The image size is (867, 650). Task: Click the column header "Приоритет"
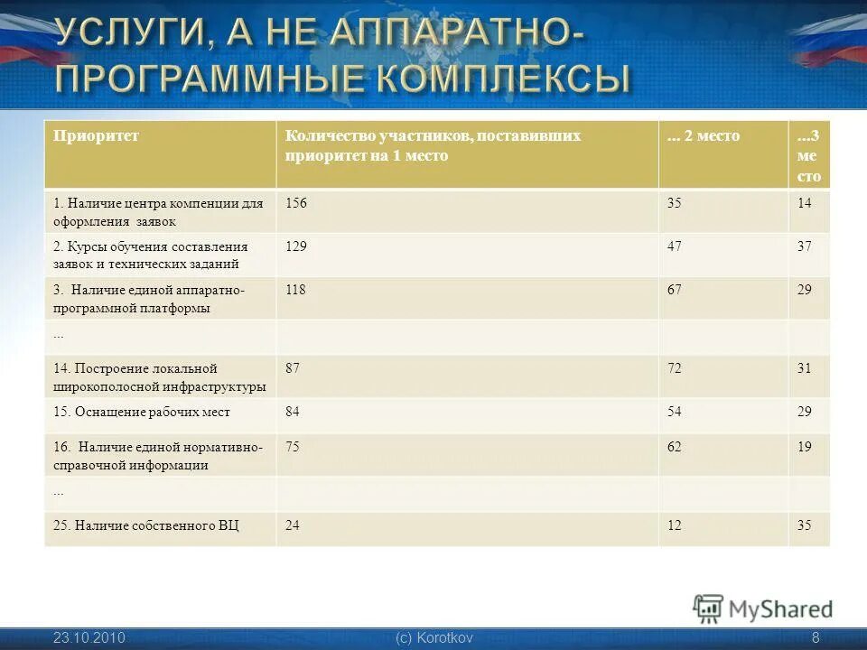(96, 136)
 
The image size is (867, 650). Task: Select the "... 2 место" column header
(703, 136)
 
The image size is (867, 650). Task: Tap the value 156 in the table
(296, 203)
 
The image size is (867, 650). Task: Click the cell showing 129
(296, 246)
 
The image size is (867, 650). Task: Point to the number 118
(296, 290)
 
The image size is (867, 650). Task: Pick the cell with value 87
(293, 368)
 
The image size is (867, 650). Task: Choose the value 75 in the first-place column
(293, 447)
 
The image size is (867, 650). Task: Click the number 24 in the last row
(293, 525)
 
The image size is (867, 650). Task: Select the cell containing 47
(675, 246)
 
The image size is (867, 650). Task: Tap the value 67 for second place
(675, 290)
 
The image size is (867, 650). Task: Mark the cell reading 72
(675, 368)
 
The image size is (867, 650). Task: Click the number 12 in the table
(675, 525)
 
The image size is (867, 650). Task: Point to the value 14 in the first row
(805, 203)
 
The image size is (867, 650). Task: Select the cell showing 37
(805, 246)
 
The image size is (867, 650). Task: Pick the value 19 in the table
(805, 447)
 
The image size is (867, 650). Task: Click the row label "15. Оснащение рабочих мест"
(142, 412)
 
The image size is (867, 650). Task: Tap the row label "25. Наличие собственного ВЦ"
(146, 525)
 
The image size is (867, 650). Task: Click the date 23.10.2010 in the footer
(89, 638)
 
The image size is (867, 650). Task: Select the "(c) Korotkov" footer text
(433, 638)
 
